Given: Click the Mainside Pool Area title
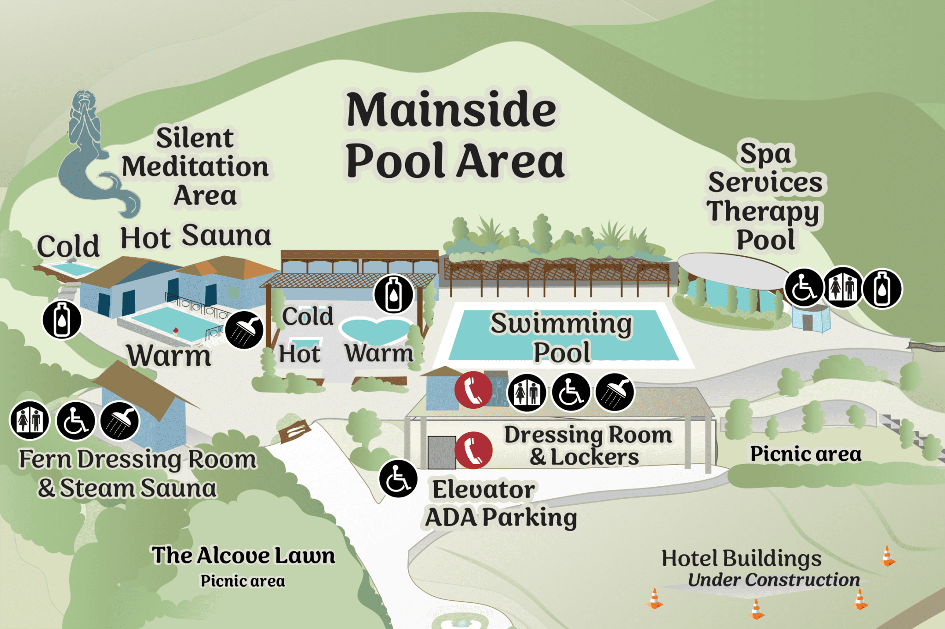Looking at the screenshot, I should click(x=455, y=135).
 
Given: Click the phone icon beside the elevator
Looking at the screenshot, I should click(x=473, y=450).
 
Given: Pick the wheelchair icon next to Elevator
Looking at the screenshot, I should click(x=398, y=479).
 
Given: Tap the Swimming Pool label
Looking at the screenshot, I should click(x=561, y=337).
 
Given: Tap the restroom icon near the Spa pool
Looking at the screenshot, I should click(x=843, y=288).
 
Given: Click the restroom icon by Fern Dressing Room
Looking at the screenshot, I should click(x=30, y=420).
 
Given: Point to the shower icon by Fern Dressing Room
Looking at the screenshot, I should click(x=120, y=421).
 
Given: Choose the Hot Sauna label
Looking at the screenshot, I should click(x=196, y=236).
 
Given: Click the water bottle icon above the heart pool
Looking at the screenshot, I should click(x=393, y=294).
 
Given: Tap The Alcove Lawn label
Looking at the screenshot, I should click(x=243, y=556).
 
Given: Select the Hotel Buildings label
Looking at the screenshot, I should click(x=742, y=558).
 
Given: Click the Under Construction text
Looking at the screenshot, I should click(x=774, y=580).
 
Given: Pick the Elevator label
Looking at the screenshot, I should click(x=483, y=490).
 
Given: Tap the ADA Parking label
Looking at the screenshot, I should click(x=501, y=518).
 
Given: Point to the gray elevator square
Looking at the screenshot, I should click(x=441, y=452).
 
